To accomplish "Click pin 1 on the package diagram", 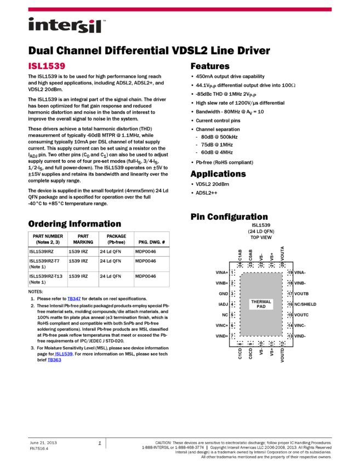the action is pyautogui.click(x=232, y=272).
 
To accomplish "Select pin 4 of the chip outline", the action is pyautogui.click(x=232, y=304).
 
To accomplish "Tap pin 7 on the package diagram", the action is pyautogui.click(x=232, y=336).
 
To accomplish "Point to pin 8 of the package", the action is pyautogui.click(x=240, y=344).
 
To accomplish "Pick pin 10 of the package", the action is pyautogui.click(x=261, y=344).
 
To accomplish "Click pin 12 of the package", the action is pyautogui.click(x=282, y=344).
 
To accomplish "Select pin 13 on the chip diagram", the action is pyautogui.click(x=290, y=336).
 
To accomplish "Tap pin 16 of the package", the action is pyautogui.click(x=290, y=304).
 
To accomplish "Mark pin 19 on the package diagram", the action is pyautogui.click(x=290, y=272).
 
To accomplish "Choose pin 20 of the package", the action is pyautogui.click(x=282, y=265).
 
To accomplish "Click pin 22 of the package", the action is pyautogui.click(x=261, y=265).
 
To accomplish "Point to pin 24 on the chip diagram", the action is pyautogui.click(x=240, y=265).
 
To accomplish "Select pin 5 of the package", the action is pyautogui.click(x=232, y=315).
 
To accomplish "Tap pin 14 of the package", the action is pyautogui.click(x=290, y=326).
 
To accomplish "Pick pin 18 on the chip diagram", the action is pyautogui.click(x=290, y=283).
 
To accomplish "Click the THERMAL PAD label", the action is pyautogui.click(x=261, y=304).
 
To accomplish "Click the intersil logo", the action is pyautogui.click(x=66, y=26).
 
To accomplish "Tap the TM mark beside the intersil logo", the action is pyautogui.click(x=104, y=20).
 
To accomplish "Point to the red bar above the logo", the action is pyautogui.click(x=180, y=9).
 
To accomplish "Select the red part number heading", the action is pyautogui.click(x=47, y=66).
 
